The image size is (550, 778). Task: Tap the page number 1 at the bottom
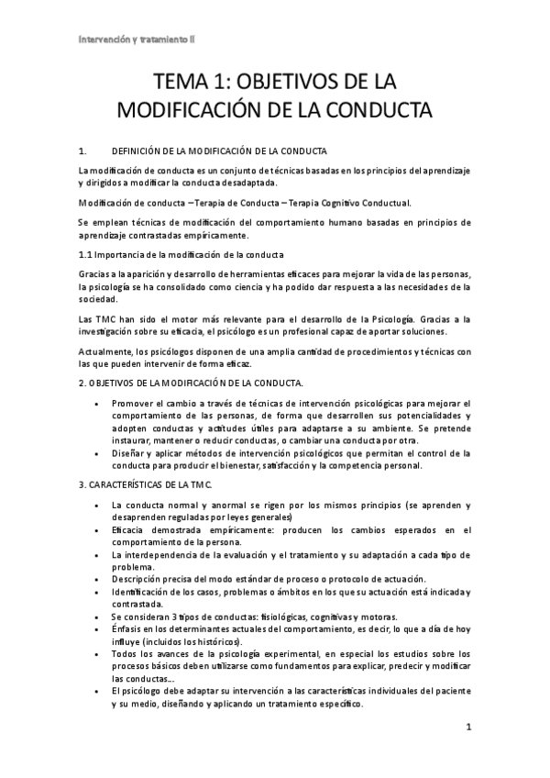coord(468,728)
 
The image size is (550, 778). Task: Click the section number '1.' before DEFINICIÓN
coord(84,150)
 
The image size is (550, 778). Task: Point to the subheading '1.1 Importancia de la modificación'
coord(181,254)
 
